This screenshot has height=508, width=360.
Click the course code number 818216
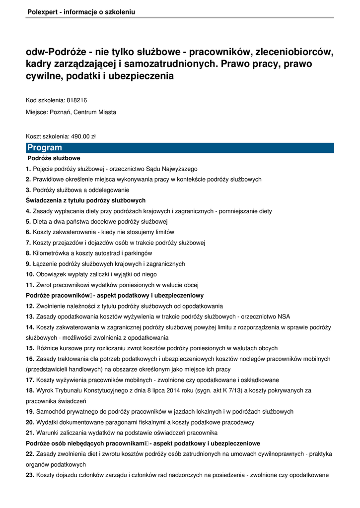coord(76,100)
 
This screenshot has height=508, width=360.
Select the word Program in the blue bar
coord(45,148)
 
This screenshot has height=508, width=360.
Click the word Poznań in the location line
coord(60,112)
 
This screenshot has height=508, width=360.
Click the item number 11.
coord(29,285)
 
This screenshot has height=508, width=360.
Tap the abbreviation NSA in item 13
coord(284,317)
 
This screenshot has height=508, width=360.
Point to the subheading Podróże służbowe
coord(54,158)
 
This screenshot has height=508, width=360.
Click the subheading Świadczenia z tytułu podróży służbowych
coord(85,200)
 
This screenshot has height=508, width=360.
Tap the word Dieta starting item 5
coord(41,221)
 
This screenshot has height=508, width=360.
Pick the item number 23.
coord(29,475)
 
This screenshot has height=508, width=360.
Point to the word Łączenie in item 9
coord(46,264)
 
